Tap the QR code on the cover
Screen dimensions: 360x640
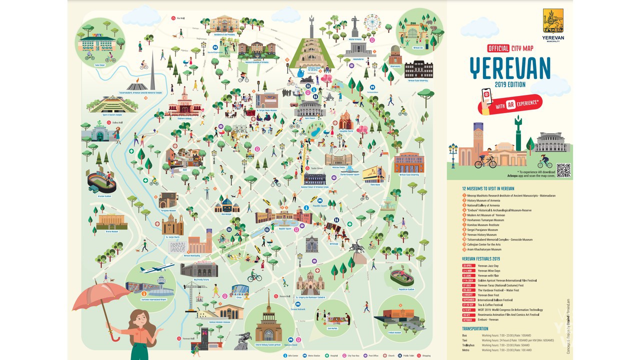[x=563, y=170]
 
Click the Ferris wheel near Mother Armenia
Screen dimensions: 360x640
[x=371, y=22]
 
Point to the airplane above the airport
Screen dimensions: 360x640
[x=156, y=268]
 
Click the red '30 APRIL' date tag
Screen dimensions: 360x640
[x=468, y=266]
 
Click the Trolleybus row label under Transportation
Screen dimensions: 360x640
[x=468, y=345]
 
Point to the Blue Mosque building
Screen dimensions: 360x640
[x=227, y=205]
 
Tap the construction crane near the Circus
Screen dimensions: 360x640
[x=193, y=292]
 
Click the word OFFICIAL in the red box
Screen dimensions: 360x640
[x=497, y=48]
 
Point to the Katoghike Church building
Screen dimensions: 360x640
[x=345, y=121]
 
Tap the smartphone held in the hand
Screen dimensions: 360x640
[x=486, y=95]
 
